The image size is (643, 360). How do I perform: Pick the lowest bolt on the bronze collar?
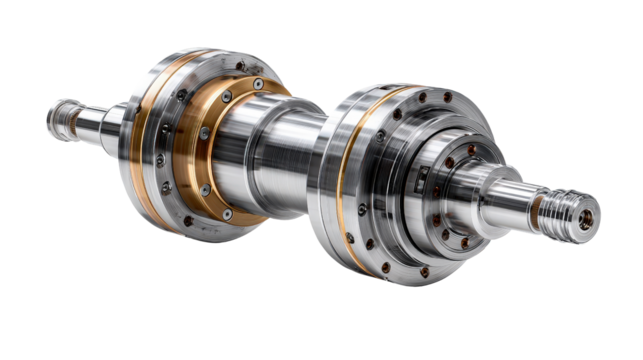tap(227, 214)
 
